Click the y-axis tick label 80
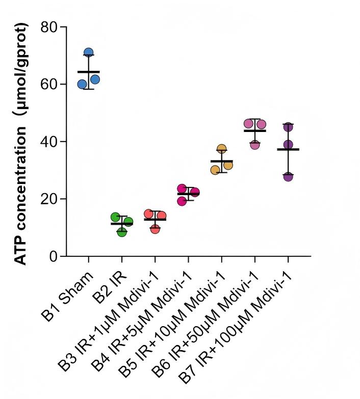(49, 26)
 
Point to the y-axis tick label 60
(49, 84)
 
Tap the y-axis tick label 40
(49, 142)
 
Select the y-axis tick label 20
(49, 199)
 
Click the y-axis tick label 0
(54, 256)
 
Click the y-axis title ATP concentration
(20, 196)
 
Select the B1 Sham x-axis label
(67, 297)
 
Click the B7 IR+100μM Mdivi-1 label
(235, 328)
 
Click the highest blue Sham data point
(89, 52)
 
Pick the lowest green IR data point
(122, 231)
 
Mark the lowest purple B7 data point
(288, 176)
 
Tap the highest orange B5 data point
(222, 149)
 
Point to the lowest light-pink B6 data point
(255, 145)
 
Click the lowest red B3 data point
(155, 229)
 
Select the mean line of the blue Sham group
(89, 72)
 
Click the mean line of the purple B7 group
(288, 149)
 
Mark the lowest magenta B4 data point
(182, 201)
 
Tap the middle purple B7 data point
(288, 145)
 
